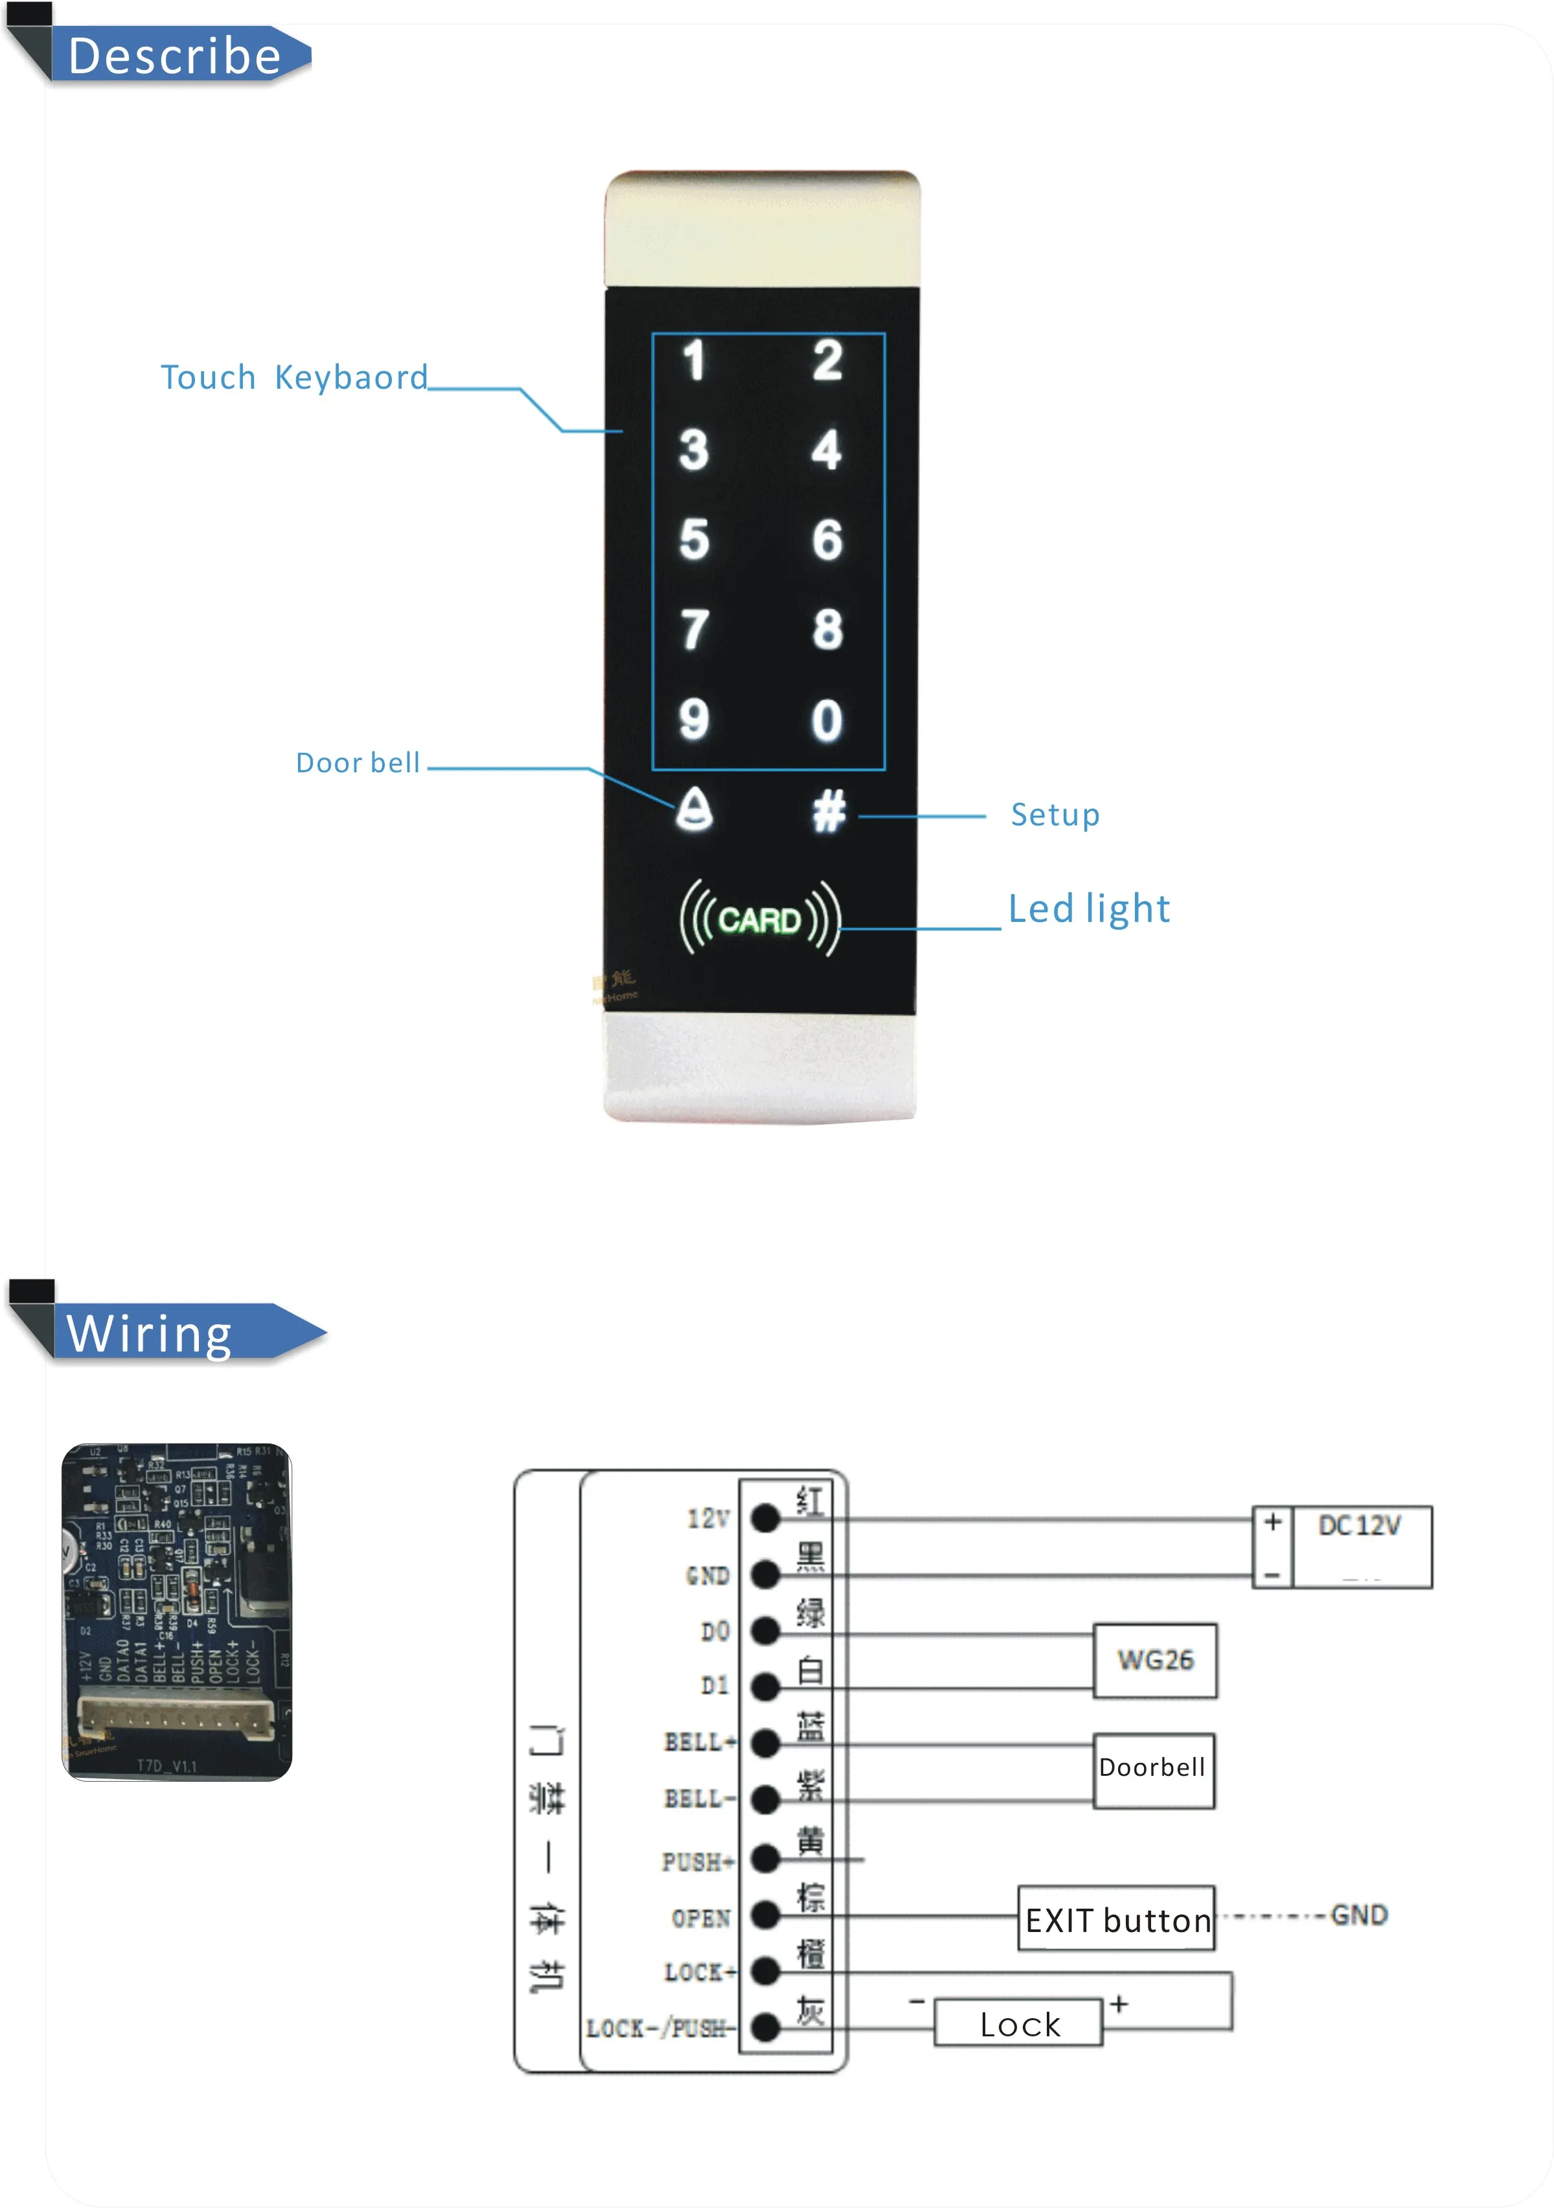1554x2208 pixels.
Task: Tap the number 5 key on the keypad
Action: [x=693, y=540]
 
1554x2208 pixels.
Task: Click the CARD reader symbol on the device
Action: [x=760, y=919]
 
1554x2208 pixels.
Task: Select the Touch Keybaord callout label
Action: [x=293, y=378]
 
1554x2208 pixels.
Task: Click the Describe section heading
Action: [x=175, y=56]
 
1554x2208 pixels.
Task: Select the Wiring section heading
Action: [x=151, y=1334]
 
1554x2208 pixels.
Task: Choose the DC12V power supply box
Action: [x=1360, y=1545]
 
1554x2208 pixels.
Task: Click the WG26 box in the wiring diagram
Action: [x=1155, y=1660]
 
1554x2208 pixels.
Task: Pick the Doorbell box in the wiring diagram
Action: [x=1153, y=1769]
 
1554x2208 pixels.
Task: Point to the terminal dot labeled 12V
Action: [x=764, y=1519]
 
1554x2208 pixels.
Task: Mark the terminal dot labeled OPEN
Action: [x=764, y=1916]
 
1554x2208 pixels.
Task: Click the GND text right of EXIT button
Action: [x=1359, y=1915]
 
